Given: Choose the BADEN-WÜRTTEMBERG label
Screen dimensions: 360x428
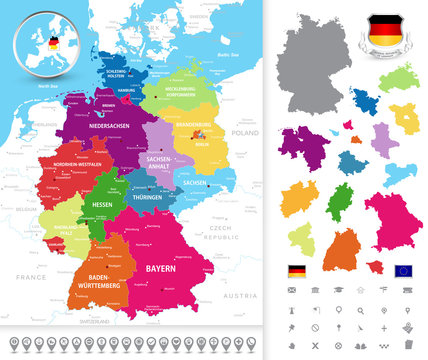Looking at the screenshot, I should click(103, 281).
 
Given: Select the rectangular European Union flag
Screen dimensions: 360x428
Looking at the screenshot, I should click(403, 270).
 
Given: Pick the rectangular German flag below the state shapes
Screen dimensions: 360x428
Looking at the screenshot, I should click(297, 270).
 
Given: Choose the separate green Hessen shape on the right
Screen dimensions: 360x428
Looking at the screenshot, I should click(342, 202).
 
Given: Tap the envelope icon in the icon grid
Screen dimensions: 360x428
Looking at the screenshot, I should click(292, 290).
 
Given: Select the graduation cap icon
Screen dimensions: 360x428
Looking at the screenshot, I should click(338, 290).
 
